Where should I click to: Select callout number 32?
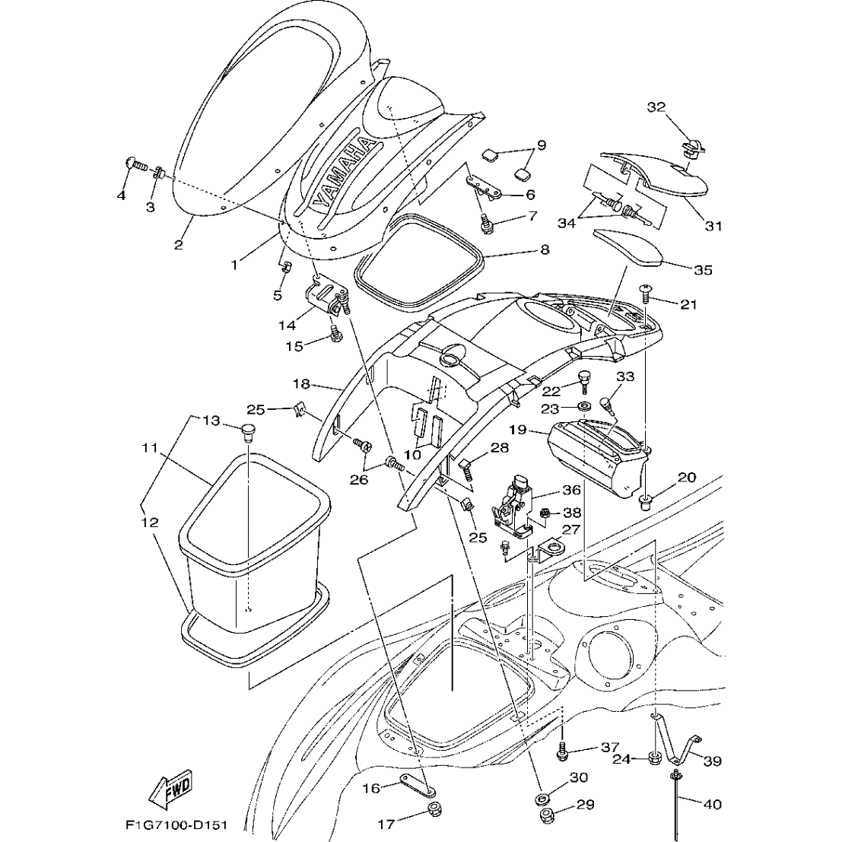656,107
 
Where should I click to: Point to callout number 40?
712,803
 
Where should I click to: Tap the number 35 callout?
703,269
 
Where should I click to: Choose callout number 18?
303,384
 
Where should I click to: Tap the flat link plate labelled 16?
418,786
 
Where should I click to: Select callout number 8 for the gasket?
545,249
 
